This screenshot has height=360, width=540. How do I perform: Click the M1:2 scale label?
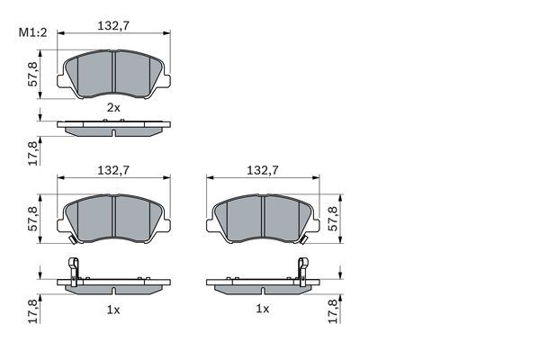tap(32, 33)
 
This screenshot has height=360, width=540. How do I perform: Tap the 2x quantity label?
tap(113, 107)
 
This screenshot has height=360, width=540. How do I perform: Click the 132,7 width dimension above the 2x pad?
tap(113, 26)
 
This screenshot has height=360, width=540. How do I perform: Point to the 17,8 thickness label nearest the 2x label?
tap(33, 153)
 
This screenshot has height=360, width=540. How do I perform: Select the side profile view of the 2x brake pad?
tap(113, 128)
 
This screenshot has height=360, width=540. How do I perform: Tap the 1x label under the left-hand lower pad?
tap(113, 308)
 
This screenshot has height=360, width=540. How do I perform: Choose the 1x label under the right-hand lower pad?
tap(262, 308)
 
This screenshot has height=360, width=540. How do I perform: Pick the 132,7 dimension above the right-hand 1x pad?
tap(262, 169)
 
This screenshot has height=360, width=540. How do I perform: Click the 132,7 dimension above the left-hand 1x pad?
tap(113, 169)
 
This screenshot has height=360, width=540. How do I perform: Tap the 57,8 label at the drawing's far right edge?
tap(335, 219)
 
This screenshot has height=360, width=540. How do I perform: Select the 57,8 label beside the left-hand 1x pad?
tap(33, 219)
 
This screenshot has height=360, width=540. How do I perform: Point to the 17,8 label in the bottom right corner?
tap(335, 310)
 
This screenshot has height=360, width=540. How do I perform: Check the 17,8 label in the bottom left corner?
tap(33, 310)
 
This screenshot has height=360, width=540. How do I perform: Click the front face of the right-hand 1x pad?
tap(243, 220)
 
